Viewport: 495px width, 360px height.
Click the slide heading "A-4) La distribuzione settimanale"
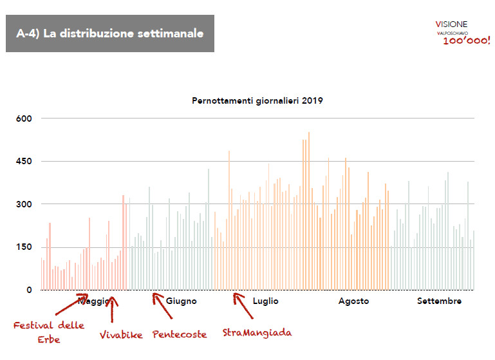pos(109,33)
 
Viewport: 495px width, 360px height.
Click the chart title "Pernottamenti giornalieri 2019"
pos(257,101)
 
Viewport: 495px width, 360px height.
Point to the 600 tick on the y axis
pos(24,118)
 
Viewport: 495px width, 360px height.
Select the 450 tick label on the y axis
pos(24,161)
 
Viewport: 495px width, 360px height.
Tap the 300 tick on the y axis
pos(24,204)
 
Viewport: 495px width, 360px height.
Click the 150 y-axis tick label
pos(24,247)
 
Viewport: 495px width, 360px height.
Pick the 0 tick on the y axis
pos(28,290)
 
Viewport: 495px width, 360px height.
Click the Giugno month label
pos(182,301)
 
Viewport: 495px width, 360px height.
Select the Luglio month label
pos(266,301)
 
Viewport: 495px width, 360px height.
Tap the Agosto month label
pos(353,301)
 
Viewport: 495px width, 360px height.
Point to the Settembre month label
pos(439,301)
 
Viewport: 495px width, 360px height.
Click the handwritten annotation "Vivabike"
pos(121,335)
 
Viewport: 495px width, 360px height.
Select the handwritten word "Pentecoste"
pos(180,334)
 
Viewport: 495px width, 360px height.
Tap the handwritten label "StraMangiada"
pos(257,333)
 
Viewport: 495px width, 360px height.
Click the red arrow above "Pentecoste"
pos(162,306)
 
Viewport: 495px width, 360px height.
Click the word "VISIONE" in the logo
pos(452,24)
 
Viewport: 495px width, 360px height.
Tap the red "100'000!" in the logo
pos(466,41)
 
